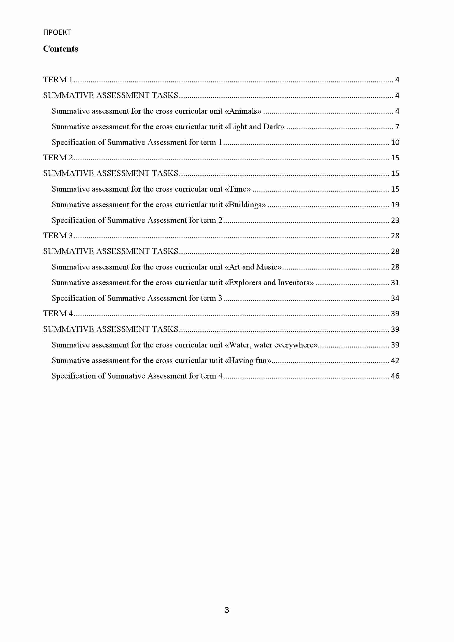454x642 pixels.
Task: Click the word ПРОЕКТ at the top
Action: click(x=57, y=32)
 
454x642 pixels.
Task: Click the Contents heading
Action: click(x=60, y=49)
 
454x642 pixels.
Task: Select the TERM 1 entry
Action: click(x=58, y=80)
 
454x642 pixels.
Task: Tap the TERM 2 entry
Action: click(x=58, y=158)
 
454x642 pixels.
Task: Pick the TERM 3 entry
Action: click(x=58, y=236)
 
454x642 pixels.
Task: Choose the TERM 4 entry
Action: click(x=58, y=313)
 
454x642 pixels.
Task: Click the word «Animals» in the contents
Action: click(x=243, y=111)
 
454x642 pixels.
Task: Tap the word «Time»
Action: click(x=238, y=189)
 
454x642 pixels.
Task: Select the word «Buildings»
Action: click(x=245, y=205)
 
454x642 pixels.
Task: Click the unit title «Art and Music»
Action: click(x=253, y=267)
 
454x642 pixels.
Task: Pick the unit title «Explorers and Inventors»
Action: click(x=269, y=282)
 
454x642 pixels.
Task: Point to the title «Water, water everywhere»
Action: click(x=271, y=345)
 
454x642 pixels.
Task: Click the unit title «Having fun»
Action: click(x=248, y=360)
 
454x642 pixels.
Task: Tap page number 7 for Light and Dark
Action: click(x=397, y=127)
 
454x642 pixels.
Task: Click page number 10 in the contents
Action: click(x=395, y=142)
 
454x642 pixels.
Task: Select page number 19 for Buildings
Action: click(x=395, y=205)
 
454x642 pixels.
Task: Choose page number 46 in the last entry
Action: click(x=395, y=376)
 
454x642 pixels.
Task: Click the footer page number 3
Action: click(x=227, y=610)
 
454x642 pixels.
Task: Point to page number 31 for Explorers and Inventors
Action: click(x=395, y=283)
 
